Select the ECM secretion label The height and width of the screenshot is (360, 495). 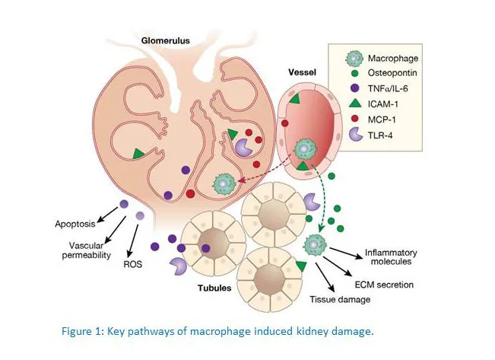pos(384,285)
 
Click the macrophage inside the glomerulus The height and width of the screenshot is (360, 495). pos(224,183)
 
